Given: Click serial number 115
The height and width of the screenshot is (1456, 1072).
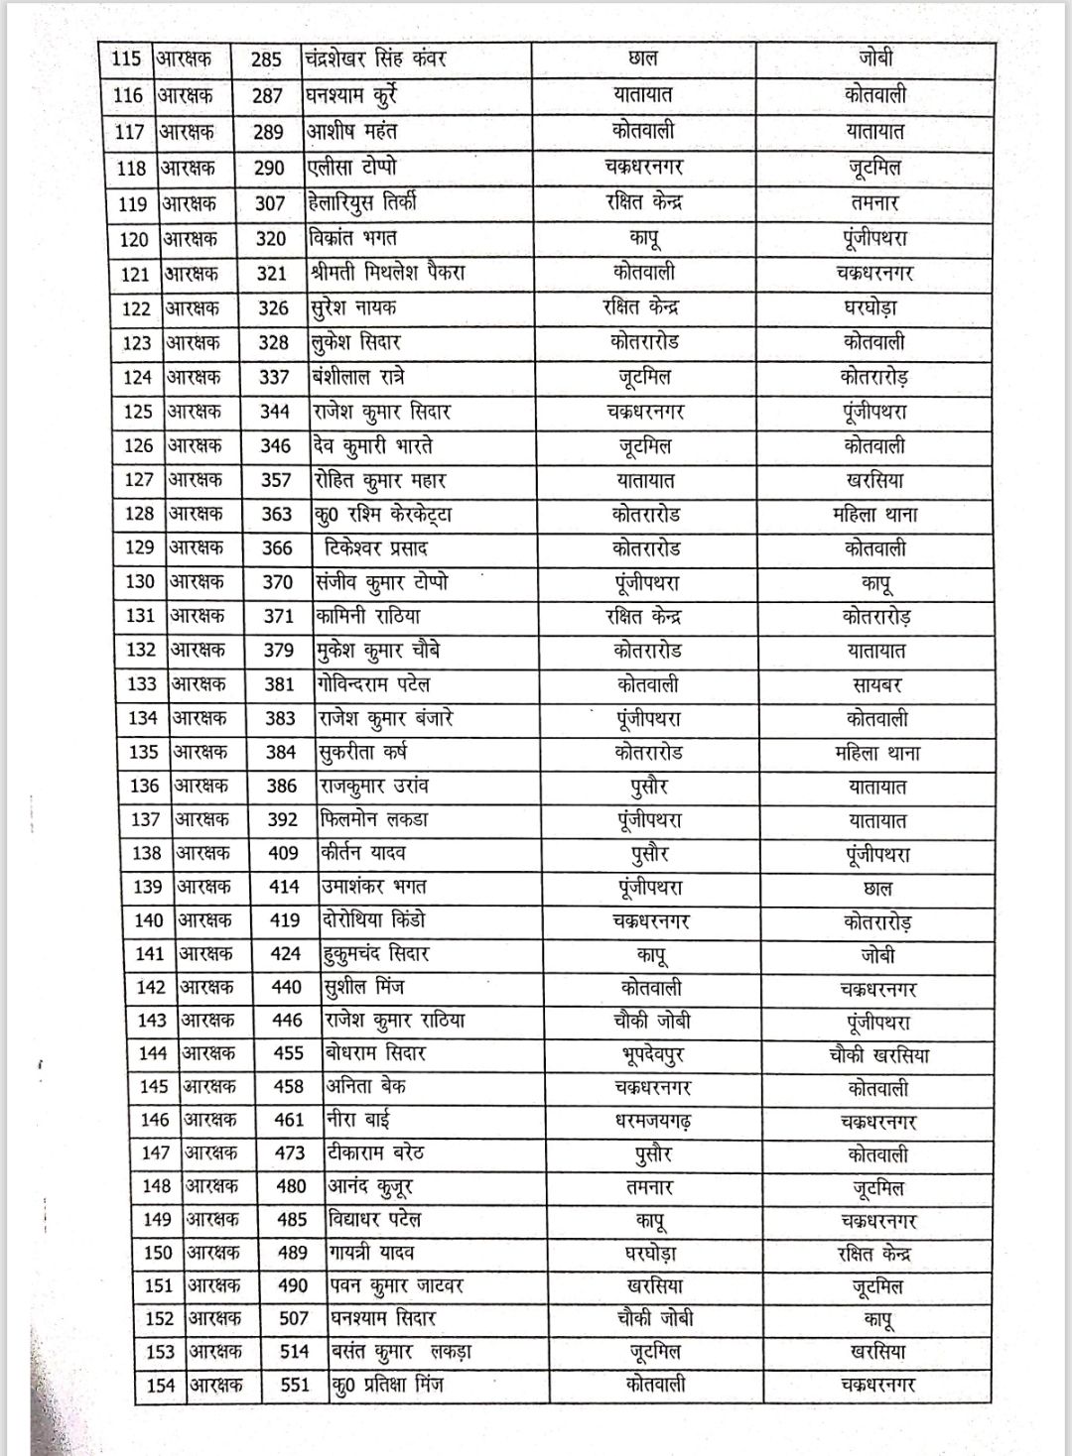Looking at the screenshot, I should (126, 59).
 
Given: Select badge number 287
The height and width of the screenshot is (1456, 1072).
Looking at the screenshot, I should (267, 95).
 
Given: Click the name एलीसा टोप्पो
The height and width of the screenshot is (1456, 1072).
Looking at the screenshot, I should (356, 167).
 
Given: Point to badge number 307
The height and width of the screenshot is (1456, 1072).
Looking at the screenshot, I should (270, 203).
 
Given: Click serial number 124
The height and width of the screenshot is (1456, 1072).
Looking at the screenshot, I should (137, 378).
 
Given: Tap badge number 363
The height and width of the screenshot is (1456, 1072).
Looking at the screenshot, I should (276, 514).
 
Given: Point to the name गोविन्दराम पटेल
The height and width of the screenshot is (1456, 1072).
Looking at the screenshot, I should (373, 684).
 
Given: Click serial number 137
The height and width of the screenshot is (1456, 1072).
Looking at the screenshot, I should (145, 819).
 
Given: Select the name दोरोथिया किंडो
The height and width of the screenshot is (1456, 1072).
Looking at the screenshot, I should (374, 920).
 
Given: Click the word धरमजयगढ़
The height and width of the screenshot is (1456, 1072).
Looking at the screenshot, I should (652, 1121).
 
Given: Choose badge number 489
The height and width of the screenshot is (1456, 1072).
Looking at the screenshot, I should (292, 1253).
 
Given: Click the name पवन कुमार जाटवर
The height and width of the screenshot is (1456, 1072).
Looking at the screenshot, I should (396, 1286).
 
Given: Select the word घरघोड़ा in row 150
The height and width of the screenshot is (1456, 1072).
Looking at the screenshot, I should (651, 1254).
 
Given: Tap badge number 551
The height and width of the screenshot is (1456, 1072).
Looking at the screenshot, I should (295, 1385).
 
